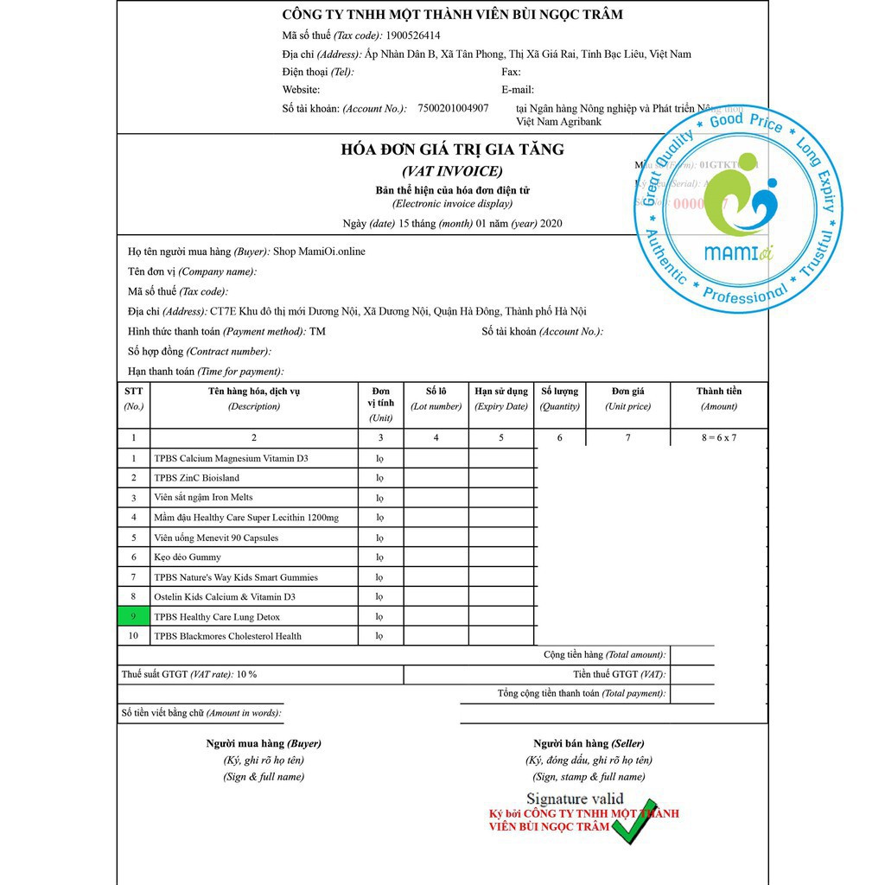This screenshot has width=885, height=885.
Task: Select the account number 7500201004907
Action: point(453,109)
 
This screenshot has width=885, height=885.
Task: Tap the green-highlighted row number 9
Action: point(133,617)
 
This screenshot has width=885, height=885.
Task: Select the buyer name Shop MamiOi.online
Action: point(319,251)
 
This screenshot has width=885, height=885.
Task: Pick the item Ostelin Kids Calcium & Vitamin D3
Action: point(225,597)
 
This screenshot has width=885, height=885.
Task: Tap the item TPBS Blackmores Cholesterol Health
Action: point(228,636)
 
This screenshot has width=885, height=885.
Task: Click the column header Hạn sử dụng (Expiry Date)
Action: point(501,398)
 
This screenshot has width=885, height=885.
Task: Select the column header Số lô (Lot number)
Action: point(436,398)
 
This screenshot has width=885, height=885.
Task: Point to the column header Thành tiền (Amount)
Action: point(718,398)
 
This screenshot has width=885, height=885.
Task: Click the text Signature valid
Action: point(575,799)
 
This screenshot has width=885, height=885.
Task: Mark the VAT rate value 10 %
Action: point(245,674)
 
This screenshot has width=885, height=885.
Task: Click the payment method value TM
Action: point(318,331)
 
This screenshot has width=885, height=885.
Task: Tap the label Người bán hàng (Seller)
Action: point(589,743)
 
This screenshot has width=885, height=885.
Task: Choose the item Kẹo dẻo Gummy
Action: point(188,557)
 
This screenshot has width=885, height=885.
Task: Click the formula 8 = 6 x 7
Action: point(718,438)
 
